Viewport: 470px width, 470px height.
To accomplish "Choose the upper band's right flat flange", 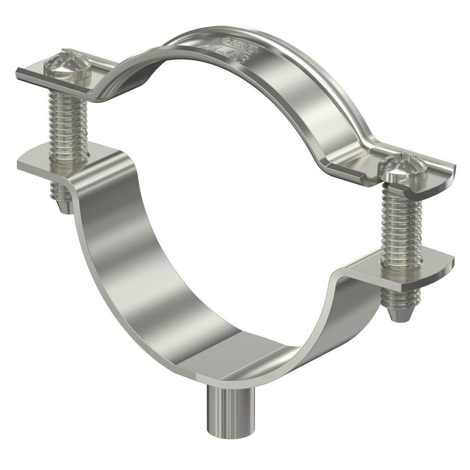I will click(436, 172).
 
